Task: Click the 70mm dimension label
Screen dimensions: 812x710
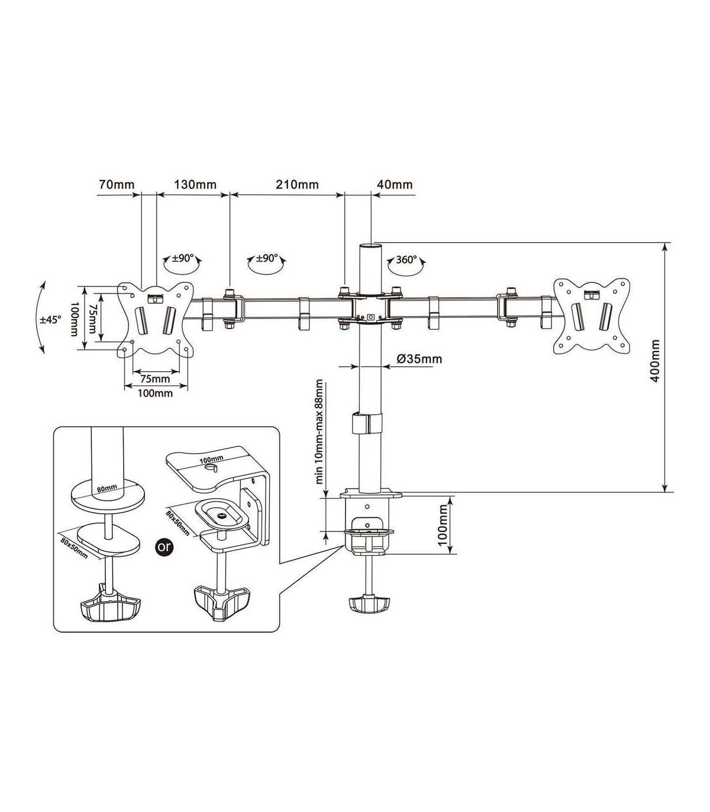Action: click(117, 184)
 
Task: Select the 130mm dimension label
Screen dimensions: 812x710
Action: click(194, 184)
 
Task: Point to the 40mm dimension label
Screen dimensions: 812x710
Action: click(395, 184)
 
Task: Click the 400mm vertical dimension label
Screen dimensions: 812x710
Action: click(654, 360)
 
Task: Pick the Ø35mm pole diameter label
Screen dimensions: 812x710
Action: click(419, 359)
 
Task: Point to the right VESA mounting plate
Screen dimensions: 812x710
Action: click(589, 317)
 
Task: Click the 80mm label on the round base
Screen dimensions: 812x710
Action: click(106, 489)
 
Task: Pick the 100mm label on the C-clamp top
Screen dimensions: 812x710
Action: click(211, 459)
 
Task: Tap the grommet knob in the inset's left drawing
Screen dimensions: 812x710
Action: click(109, 606)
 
